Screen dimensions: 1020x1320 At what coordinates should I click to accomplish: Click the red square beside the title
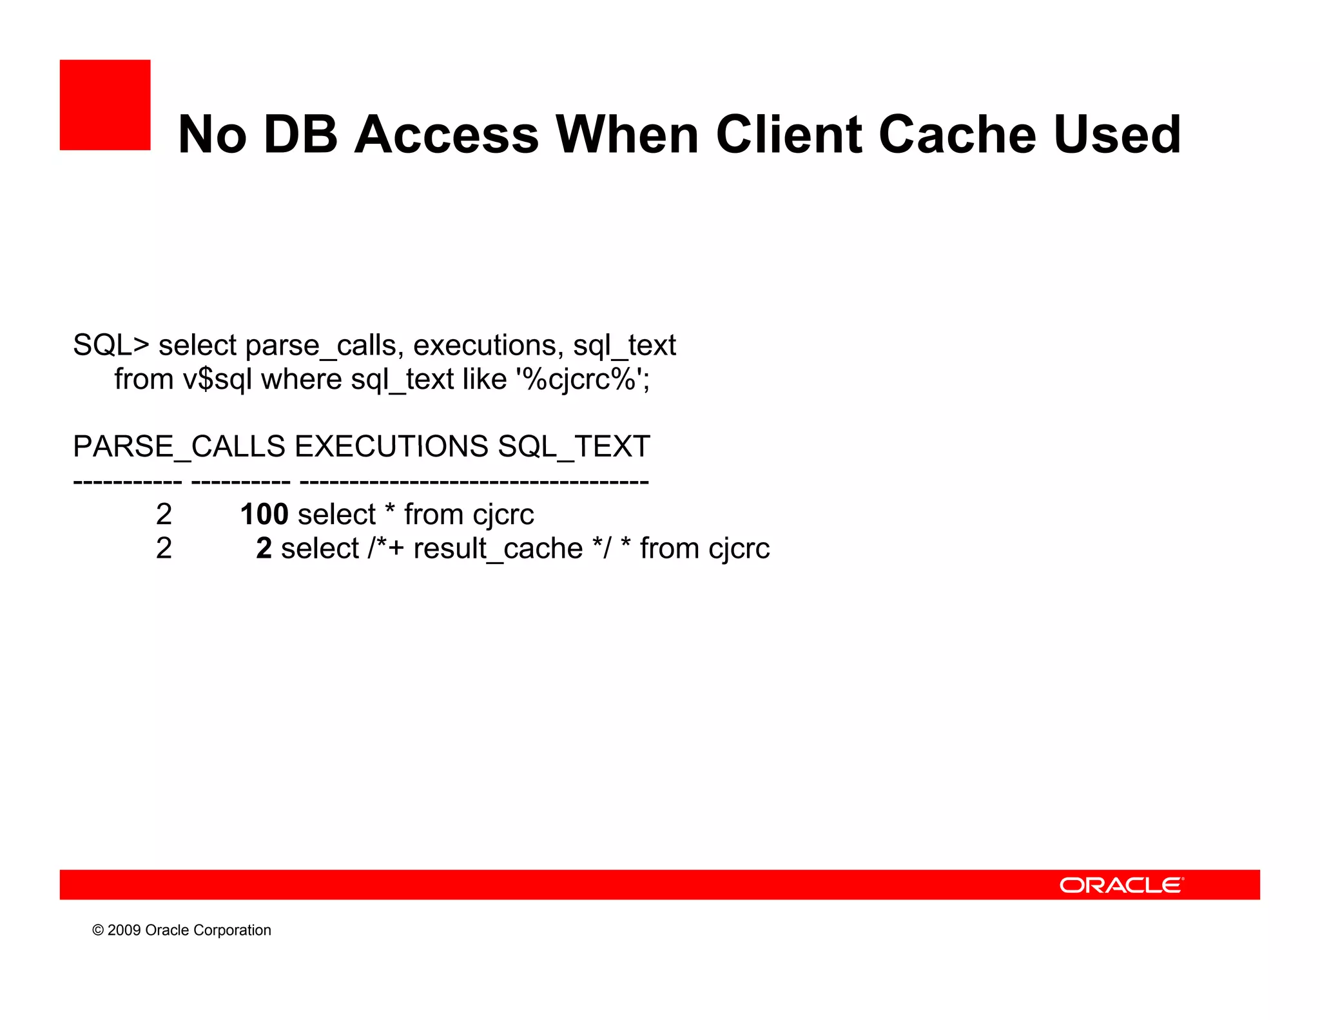(x=105, y=105)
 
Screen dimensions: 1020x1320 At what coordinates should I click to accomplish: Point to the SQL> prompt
(x=111, y=346)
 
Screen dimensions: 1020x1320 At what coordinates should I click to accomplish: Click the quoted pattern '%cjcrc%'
(x=583, y=379)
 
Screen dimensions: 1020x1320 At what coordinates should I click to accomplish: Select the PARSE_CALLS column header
(x=179, y=447)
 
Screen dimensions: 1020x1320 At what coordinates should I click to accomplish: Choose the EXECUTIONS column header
(x=392, y=447)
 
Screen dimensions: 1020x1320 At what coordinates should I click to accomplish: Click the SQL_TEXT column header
(x=574, y=447)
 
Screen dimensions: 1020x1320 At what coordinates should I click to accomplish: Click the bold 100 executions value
(x=264, y=515)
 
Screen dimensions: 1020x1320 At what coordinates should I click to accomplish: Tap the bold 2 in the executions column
(x=264, y=549)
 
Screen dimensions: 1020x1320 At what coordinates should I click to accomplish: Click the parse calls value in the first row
(x=164, y=515)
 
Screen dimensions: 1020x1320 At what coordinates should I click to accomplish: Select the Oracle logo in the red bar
(x=1121, y=885)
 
